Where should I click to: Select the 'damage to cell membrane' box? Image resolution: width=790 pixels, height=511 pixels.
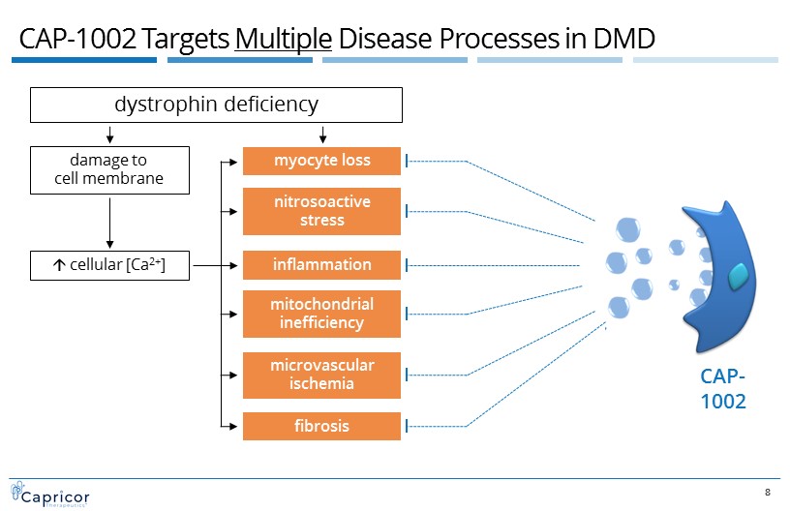coord(109,169)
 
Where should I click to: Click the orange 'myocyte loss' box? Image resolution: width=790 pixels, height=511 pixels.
coord(320,160)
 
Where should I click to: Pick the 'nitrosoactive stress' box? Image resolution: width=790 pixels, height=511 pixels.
coord(320,211)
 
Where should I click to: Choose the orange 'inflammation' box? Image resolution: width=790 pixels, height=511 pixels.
coord(320,264)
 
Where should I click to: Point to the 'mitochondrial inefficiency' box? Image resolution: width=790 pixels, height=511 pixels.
coord(320,313)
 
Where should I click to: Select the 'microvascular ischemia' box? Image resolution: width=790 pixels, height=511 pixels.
coord(320,374)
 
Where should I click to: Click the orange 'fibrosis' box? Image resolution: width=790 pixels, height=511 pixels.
coord(320,426)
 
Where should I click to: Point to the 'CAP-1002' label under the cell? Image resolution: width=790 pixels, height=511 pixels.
coord(723,389)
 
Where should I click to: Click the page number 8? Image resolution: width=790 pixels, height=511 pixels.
coord(768,494)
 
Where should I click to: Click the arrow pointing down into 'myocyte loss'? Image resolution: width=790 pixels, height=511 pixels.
coord(322,135)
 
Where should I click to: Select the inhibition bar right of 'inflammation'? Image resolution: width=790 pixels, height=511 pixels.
coord(407,264)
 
